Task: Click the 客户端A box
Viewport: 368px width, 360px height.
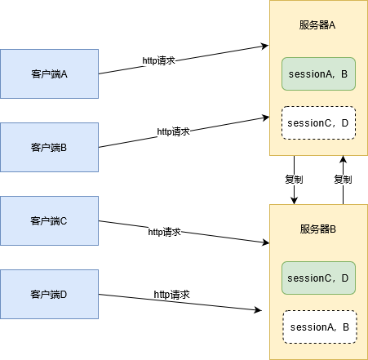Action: (49, 73)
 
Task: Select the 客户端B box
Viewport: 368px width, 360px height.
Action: (49, 148)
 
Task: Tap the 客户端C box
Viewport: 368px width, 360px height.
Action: (49, 220)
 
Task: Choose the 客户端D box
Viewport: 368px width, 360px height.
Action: (49, 294)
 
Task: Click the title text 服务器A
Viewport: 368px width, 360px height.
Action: (318, 25)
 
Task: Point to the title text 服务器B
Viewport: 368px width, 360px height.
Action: (318, 229)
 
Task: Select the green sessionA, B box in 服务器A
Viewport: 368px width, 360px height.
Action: (318, 74)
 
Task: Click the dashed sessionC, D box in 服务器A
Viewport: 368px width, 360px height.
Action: (318, 123)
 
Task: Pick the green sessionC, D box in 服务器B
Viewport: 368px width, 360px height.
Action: (318, 278)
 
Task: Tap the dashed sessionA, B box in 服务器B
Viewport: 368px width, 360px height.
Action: (319, 327)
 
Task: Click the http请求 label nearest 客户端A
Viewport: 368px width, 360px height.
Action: (160, 61)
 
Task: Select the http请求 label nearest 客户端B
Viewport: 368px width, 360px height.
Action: (174, 131)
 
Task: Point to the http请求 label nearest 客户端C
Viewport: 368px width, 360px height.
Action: (164, 232)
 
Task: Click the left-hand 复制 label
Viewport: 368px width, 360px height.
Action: (294, 180)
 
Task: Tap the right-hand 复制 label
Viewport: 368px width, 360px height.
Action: (343, 180)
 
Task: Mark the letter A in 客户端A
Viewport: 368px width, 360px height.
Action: (64, 73)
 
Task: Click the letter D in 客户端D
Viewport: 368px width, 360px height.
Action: (64, 294)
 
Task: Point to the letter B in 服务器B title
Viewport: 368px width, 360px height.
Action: (333, 229)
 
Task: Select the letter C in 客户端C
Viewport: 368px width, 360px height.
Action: (64, 220)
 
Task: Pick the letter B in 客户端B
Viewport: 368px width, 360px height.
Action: (64, 148)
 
